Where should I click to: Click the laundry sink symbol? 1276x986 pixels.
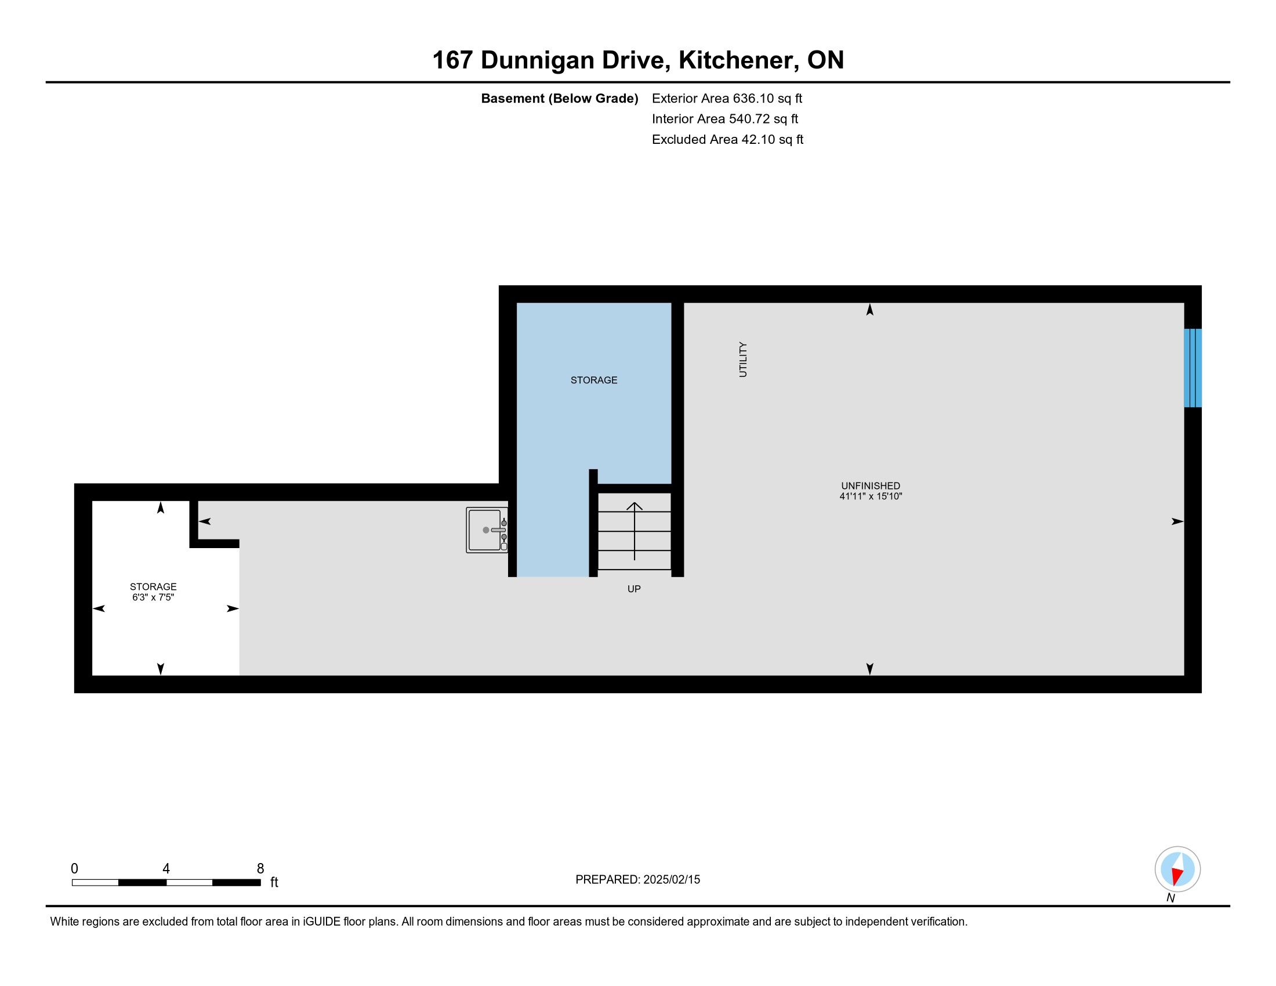[487, 530]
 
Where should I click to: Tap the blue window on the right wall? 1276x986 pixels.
[1192, 368]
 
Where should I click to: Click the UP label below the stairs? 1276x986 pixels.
[634, 589]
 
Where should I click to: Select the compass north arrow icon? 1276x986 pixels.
[1177, 869]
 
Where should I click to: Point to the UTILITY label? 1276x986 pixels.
[743, 359]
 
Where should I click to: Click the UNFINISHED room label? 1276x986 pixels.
[871, 485]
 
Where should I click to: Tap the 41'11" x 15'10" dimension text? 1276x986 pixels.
[871, 496]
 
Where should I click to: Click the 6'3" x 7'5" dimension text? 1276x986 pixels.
[153, 597]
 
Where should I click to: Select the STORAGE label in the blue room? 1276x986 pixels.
[593, 380]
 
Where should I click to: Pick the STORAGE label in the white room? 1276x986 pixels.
[153, 586]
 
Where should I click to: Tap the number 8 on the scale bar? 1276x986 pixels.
[260, 869]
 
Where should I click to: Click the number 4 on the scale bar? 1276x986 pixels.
[166, 869]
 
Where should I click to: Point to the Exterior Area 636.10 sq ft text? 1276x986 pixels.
[727, 98]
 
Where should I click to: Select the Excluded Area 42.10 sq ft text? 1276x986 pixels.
[727, 139]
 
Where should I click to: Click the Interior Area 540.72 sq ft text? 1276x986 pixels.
[725, 118]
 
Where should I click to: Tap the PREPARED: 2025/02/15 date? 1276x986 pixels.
[637, 879]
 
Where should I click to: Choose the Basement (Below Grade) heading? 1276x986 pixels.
[559, 99]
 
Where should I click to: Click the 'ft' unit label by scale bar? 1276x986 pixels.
[274, 882]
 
